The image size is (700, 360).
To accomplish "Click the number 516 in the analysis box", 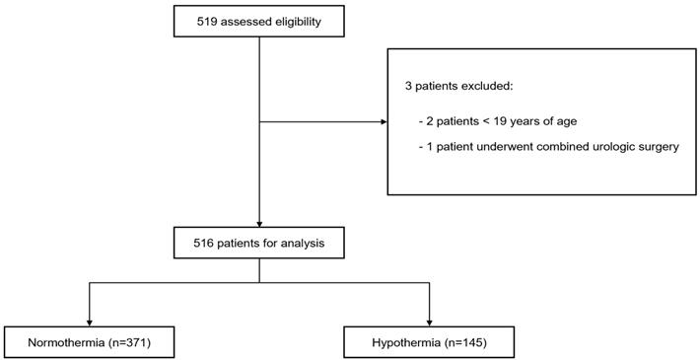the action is tap(203, 244).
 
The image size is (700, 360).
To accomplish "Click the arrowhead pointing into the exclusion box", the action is tap(384, 121).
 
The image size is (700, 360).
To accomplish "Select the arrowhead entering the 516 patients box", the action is tap(259, 224).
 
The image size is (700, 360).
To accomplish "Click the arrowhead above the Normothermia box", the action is tap(90, 323).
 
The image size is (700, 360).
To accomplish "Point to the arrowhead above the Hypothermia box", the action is tap(429, 323).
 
